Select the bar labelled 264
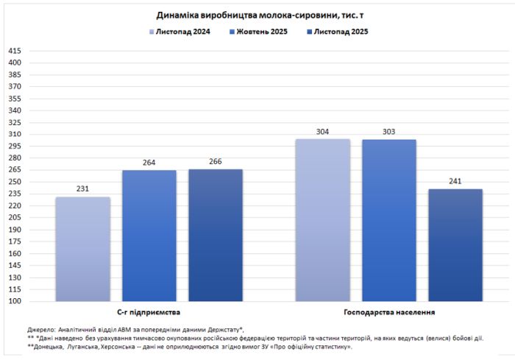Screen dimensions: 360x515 coord(149,236)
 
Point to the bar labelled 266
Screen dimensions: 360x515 coord(216,235)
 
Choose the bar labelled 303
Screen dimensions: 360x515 coord(389,220)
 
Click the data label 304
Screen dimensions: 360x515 coord(323,132)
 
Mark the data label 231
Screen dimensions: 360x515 coord(83,189)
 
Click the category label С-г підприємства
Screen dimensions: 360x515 coord(149,312)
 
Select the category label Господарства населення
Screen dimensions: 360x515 coord(389,312)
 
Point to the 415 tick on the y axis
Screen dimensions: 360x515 coord(15,51)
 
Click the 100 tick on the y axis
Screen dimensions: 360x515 coord(15,301)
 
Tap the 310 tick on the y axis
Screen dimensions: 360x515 coord(15,134)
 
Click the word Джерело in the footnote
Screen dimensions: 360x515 coord(41,329)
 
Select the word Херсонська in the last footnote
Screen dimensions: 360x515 coord(111,346)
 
